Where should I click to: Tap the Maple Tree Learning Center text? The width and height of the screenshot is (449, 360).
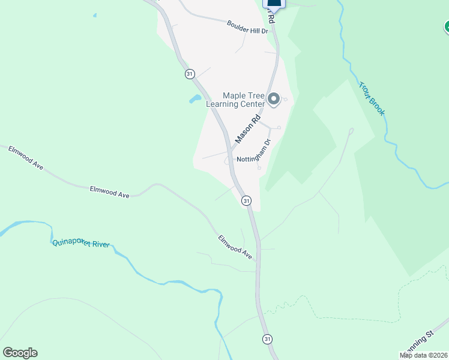click(235, 100)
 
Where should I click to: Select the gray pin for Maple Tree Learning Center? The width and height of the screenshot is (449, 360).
click(274, 99)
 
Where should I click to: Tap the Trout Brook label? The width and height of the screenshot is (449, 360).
click(372, 99)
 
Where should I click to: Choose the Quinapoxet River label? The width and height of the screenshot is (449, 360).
click(81, 243)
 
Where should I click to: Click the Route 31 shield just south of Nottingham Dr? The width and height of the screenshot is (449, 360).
click(246, 200)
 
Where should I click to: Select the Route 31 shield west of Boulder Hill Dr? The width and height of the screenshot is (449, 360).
click(190, 74)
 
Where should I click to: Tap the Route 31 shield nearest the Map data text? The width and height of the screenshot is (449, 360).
click(267, 340)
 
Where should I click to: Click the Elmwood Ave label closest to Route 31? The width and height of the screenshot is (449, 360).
click(235, 247)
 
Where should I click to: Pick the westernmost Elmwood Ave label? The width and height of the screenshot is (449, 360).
click(26, 158)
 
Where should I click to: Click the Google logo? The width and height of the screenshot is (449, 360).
click(20, 353)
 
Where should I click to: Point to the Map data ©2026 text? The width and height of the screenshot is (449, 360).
click(424, 355)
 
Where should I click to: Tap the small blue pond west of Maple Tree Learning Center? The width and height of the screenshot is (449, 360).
click(195, 98)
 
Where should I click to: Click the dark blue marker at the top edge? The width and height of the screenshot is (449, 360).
click(274, 2)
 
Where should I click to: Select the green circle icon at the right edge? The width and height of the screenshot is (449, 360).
click(447, 26)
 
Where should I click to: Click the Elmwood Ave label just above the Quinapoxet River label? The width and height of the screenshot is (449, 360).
click(110, 191)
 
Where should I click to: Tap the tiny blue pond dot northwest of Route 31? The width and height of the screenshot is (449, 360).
click(95, 15)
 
